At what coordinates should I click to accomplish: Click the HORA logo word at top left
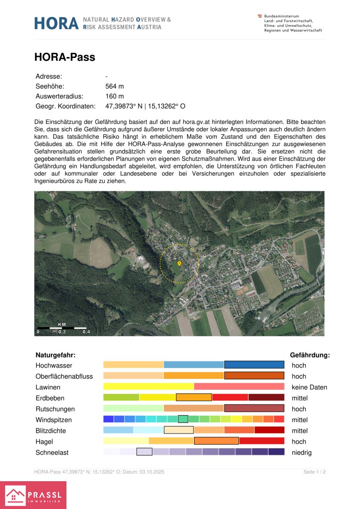pyautogui.click(x=56, y=23)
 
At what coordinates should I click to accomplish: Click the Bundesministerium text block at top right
pyautogui.click(x=293, y=23)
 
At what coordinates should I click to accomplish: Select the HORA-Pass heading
pyautogui.click(x=65, y=57)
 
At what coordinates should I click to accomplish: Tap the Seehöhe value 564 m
pyautogui.click(x=115, y=86)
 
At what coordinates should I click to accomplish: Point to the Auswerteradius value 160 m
pyautogui.click(x=115, y=96)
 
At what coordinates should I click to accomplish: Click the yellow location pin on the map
pyautogui.click(x=179, y=264)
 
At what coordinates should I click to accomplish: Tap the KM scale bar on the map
pyautogui.click(x=62, y=328)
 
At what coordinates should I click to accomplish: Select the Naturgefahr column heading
pyautogui.click(x=56, y=355)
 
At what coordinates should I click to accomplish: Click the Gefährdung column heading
pyautogui.click(x=310, y=355)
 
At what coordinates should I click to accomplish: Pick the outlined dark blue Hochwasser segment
pyautogui.click(x=254, y=364)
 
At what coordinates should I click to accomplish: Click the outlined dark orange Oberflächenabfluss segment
pyautogui.click(x=254, y=376)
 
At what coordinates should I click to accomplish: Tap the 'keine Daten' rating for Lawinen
pyautogui.click(x=309, y=387)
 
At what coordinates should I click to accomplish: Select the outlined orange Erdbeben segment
pyautogui.click(x=194, y=397)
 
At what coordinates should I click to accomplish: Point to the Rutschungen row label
pyautogui.click(x=55, y=409)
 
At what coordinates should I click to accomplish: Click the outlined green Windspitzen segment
pyautogui.click(x=183, y=419)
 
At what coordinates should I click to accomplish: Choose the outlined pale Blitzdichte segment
pyautogui.click(x=179, y=430)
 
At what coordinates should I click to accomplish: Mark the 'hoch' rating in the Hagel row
pyautogui.click(x=299, y=442)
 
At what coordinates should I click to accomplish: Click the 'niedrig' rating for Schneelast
pyautogui.click(x=302, y=452)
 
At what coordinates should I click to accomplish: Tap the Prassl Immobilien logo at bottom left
pyautogui.click(x=33, y=495)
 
